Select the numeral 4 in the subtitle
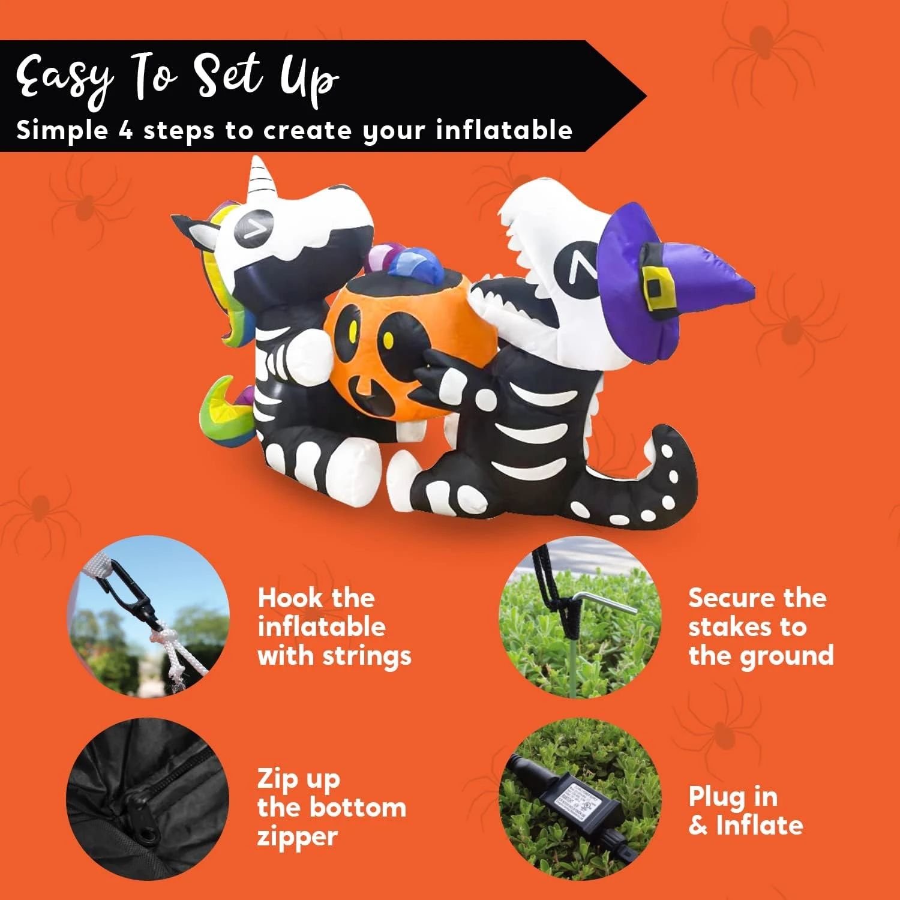(x=125, y=130)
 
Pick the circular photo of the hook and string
(x=149, y=617)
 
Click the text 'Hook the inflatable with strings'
(x=334, y=626)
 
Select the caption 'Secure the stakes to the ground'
(x=760, y=626)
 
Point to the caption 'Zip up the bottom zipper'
(x=331, y=807)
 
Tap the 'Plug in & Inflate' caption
(x=745, y=811)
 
